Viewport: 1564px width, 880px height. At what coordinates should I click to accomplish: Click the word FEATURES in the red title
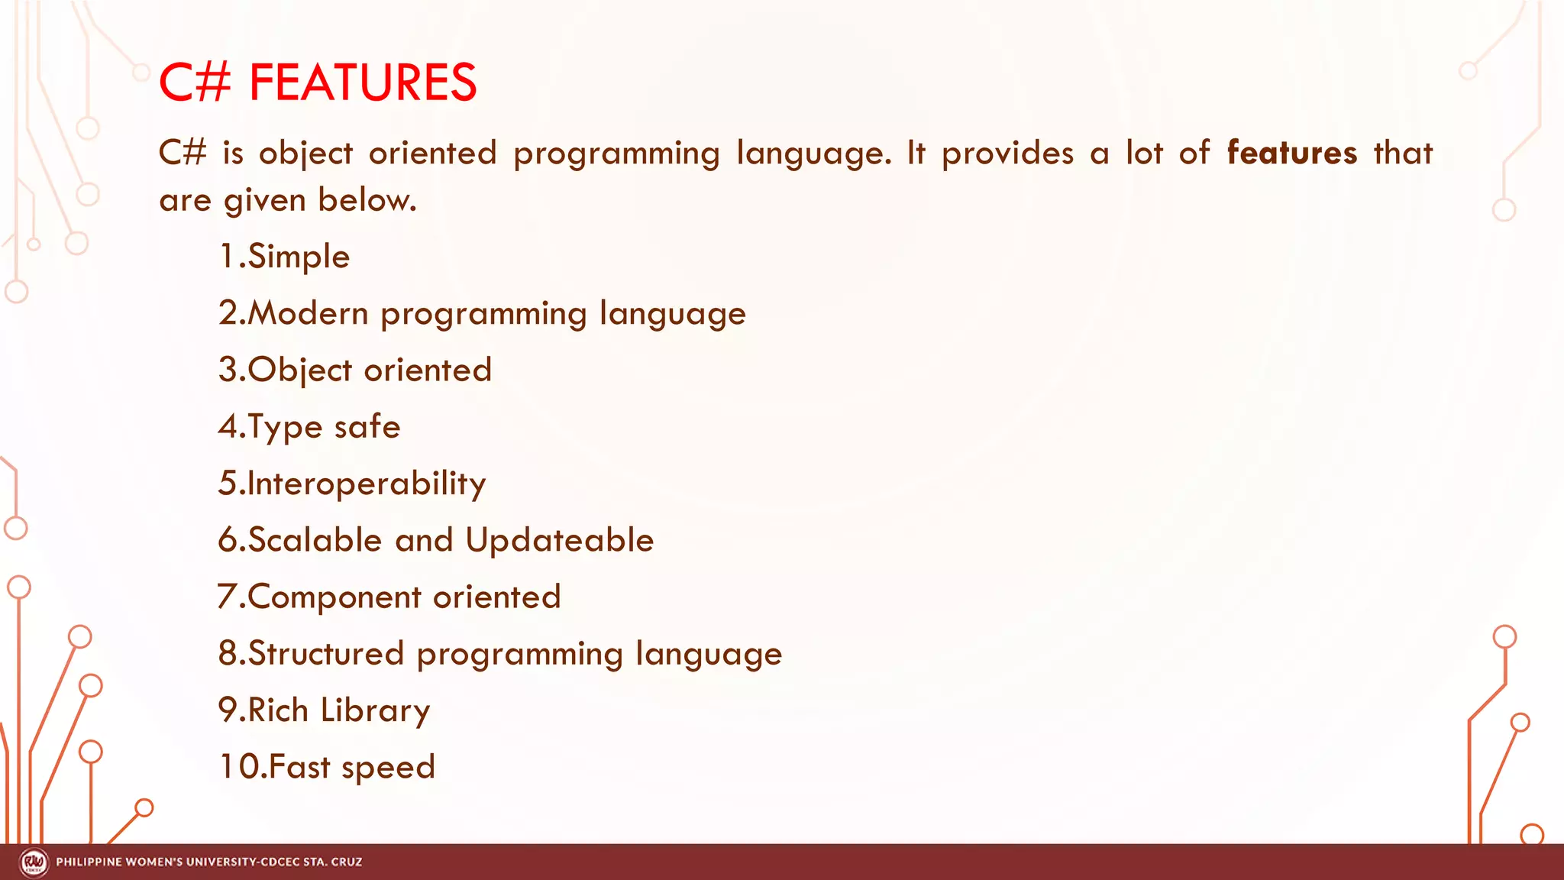(x=363, y=82)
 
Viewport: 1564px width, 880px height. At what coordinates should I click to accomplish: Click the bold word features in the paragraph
(x=1292, y=153)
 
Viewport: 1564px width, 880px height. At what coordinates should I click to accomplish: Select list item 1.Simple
(x=284, y=257)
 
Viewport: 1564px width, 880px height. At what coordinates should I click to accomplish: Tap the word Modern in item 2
(x=308, y=314)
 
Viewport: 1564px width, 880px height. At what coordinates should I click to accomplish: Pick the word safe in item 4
(x=367, y=427)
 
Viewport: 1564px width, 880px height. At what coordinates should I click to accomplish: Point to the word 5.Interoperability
(x=352, y=484)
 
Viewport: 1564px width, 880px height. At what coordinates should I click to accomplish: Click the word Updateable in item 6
(x=560, y=540)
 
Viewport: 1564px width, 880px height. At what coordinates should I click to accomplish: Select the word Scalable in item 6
(x=315, y=540)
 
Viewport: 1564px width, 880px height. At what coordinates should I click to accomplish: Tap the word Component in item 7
(x=334, y=597)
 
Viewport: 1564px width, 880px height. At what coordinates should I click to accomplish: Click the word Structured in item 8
(x=325, y=654)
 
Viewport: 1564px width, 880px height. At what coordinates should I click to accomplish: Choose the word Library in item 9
(x=375, y=710)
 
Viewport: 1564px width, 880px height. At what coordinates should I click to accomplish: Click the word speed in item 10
(x=388, y=767)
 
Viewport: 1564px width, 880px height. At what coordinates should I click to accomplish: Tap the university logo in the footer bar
(x=34, y=862)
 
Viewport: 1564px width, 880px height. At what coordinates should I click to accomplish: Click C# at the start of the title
(x=194, y=82)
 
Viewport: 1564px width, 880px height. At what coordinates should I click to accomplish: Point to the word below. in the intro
(x=367, y=200)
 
